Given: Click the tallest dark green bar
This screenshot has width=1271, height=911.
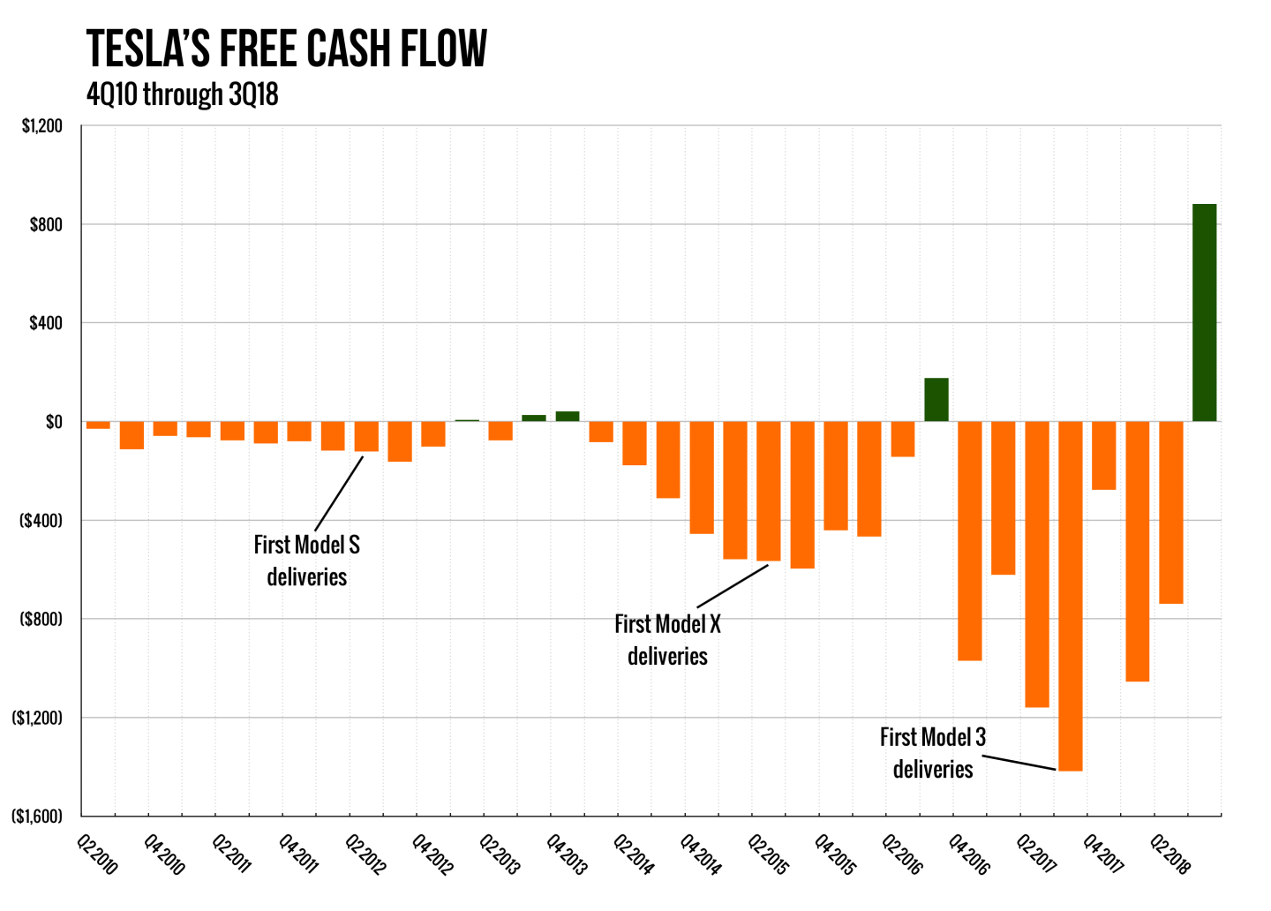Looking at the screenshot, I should pos(1204,312).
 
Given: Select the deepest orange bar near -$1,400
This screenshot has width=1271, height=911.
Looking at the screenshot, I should pos(1070,596).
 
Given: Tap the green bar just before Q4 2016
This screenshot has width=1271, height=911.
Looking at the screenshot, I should pos(936,400).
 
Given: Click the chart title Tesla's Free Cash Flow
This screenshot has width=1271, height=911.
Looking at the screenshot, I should pos(287,49).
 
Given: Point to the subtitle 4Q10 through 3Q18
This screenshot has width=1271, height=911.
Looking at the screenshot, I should pos(183,94).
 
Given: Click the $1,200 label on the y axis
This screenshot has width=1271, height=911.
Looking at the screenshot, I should pos(42,126).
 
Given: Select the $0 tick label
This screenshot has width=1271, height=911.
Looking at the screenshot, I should pos(54,422).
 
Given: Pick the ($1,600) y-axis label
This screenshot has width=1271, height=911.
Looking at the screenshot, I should pos(37,817).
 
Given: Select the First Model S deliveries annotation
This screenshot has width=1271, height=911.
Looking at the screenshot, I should pos(307,561).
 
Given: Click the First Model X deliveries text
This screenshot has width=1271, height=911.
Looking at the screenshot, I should pos(667,640).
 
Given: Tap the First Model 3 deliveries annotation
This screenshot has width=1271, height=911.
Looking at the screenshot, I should pos(933,753).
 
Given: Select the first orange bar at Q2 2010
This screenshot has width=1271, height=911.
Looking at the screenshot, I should pos(98,425).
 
